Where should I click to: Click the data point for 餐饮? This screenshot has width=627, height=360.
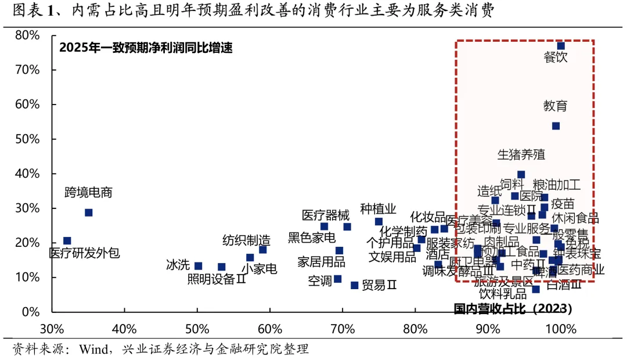pos(561,46)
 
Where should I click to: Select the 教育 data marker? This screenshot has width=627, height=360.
pos(556,126)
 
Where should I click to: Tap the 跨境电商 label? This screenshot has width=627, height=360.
pos(88,193)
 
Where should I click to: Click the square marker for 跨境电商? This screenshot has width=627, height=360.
pos(88,213)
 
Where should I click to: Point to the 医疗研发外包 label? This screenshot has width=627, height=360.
pos(85,253)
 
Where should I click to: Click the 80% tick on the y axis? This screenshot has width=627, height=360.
pos(28,35)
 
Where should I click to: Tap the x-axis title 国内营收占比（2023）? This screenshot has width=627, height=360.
pos(513,308)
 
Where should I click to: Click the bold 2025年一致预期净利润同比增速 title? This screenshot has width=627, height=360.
pos(146,48)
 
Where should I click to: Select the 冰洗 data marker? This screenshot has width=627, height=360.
pos(198,266)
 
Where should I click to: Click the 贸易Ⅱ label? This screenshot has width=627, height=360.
pos(379,285)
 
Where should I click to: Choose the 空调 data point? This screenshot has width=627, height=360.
pos(337,279)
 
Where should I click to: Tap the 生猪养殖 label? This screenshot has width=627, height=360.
pos(521,154)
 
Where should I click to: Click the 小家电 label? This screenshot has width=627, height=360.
pos(259,269)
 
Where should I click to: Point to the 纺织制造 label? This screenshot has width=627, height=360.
pos(246,240)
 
